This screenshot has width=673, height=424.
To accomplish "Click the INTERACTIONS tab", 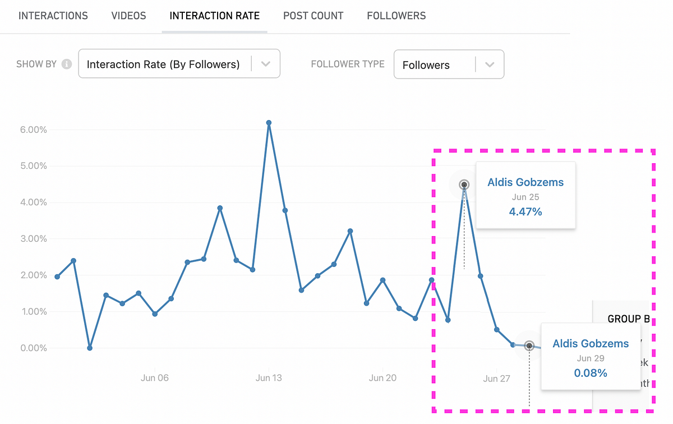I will [x=53, y=16].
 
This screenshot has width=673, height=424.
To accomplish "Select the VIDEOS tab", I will [x=128, y=16].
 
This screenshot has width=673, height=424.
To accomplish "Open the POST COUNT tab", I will [x=313, y=16].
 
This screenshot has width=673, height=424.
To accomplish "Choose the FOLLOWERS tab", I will [x=396, y=16].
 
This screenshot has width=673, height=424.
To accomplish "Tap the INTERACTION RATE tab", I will [x=215, y=16].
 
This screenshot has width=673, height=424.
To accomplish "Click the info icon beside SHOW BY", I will [x=67, y=64].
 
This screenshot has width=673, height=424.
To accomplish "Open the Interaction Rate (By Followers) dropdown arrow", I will [x=266, y=64].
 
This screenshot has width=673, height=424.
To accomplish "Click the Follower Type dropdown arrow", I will [x=490, y=64].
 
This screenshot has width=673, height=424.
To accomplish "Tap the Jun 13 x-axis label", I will [x=269, y=378].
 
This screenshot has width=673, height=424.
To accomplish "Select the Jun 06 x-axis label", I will [x=154, y=378].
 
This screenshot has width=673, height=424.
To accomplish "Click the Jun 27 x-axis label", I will [x=496, y=379].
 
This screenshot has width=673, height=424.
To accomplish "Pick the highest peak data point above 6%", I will [x=269, y=122].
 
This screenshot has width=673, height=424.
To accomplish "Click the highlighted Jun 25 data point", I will [x=464, y=185].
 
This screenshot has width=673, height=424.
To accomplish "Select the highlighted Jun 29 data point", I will [x=529, y=346].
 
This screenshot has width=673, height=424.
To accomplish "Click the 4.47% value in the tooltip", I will [x=526, y=211].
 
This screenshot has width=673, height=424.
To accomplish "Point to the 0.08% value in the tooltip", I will [x=591, y=373].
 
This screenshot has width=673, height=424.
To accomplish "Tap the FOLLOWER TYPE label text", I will [x=348, y=64].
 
